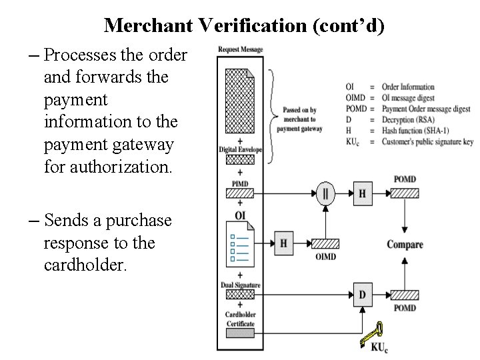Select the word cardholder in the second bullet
click(85, 265)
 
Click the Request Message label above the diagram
click(241, 49)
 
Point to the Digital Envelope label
click(241, 150)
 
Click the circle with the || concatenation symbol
click(325, 193)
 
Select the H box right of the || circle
click(362, 193)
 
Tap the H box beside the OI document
click(283, 243)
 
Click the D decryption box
click(363, 294)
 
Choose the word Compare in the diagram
click(405, 245)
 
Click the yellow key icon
click(371, 334)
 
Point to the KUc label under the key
click(379, 347)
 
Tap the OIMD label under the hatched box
click(325, 257)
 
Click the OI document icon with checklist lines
click(240, 247)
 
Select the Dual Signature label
click(240, 285)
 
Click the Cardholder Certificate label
click(240, 319)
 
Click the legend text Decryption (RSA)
click(413, 120)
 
